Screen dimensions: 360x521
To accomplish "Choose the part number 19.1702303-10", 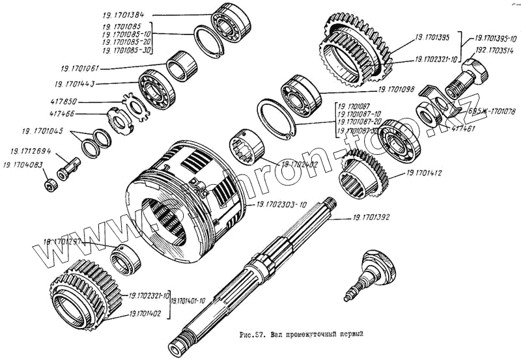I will tap(281, 204).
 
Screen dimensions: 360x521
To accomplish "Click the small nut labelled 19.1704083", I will tap(51, 186).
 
